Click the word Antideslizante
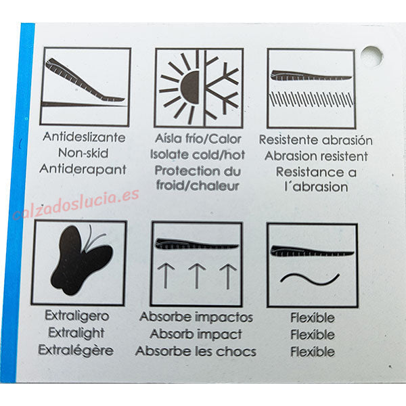[84, 137]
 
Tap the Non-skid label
[83, 153]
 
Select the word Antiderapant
[83, 169]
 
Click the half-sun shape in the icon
[189, 88]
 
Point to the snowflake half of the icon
[222, 88]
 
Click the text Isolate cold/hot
[198, 154]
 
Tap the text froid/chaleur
[198, 186]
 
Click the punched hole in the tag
[371, 57]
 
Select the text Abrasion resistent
[316, 156]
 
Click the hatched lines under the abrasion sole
[311, 99]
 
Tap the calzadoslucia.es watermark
[76, 204]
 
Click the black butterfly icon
[81, 261]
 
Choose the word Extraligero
[77, 316]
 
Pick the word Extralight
[76, 333]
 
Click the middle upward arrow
[197, 276]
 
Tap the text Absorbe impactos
[196, 317]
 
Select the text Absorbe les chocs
[196, 351]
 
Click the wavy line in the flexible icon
[310, 279]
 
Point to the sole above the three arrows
[197, 244]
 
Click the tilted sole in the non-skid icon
[84, 81]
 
